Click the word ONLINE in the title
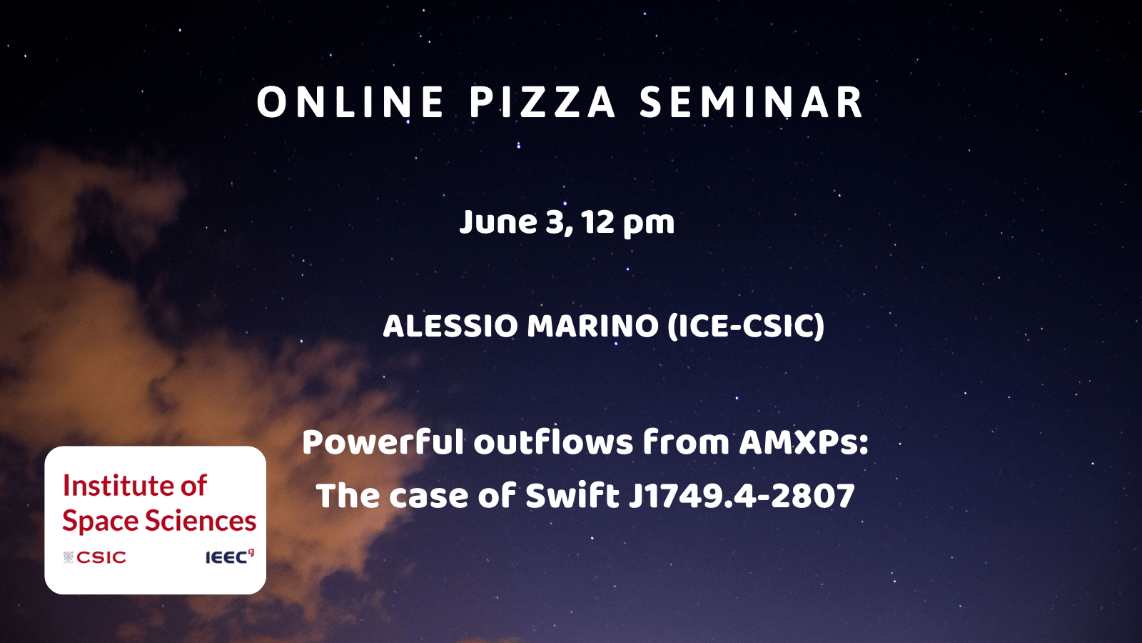[x=350, y=103]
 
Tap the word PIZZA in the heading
[x=542, y=103]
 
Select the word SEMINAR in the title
[x=751, y=103]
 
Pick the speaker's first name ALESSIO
[x=450, y=326]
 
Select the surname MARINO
[x=593, y=326]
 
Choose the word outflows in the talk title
[x=553, y=442]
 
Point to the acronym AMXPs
[x=804, y=443]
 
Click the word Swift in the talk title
[x=572, y=495]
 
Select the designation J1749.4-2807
[x=742, y=496]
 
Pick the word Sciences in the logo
[x=201, y=521]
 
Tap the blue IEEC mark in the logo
[x=229, y=557]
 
